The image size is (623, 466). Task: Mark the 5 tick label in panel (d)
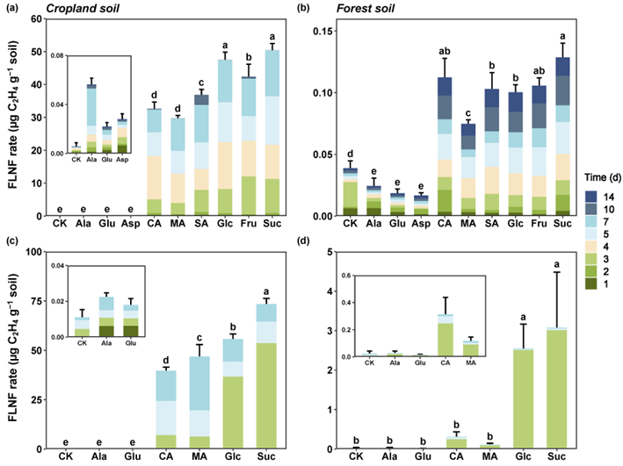(x=331, y=253)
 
